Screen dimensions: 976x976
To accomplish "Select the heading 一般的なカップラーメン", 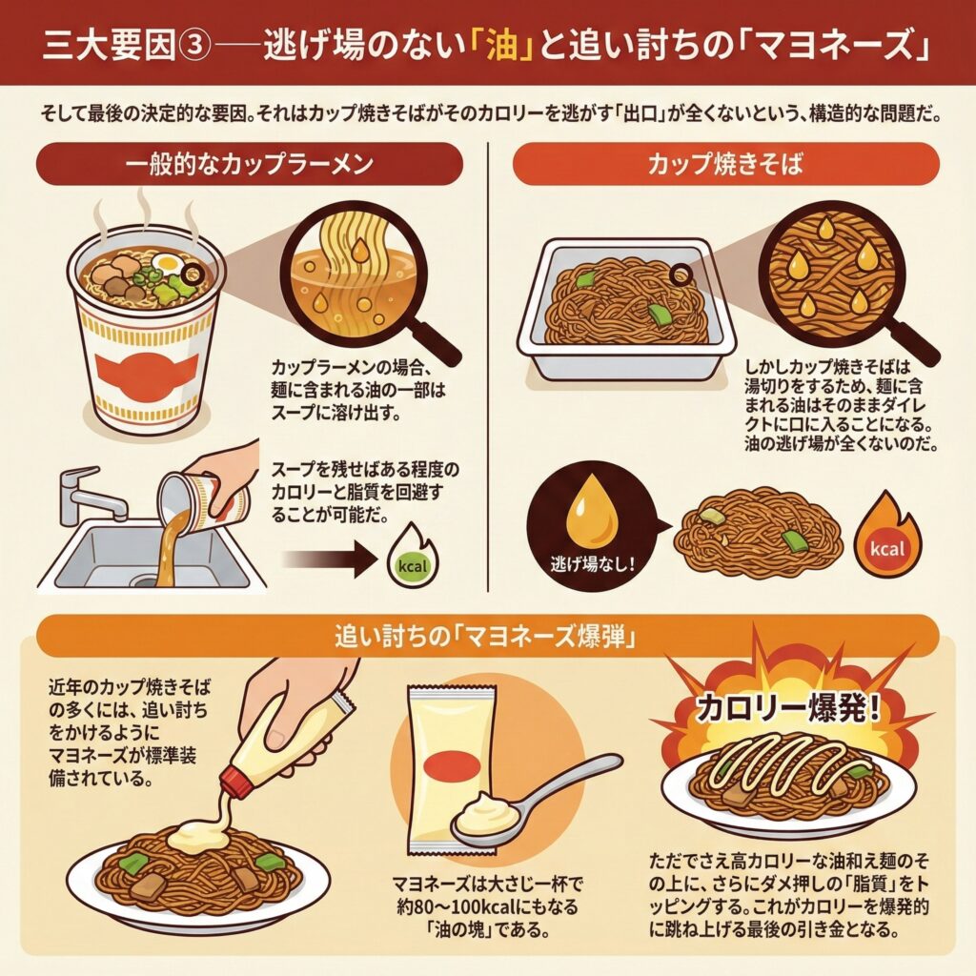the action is pyautogui.click(x=249, y=164).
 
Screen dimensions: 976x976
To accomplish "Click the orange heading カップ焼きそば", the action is pyautogui.click(x=725, y=164).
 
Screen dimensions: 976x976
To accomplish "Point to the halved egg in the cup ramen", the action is pyautogui.click(x=169, y=263).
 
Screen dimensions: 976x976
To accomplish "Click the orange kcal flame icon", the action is pyautogui.click(x=887, y=542).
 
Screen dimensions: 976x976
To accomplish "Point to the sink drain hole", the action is pyautogui.click(x=145, y=582).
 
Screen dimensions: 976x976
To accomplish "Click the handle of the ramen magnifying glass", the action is pyautogui.click(x=433, y=340).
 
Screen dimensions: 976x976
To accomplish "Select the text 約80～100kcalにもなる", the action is pyautogui.click(x=488, y=906).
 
